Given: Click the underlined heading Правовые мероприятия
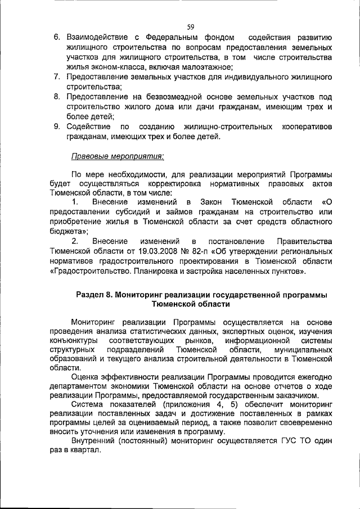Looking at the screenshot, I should click(x=118, y=155).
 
